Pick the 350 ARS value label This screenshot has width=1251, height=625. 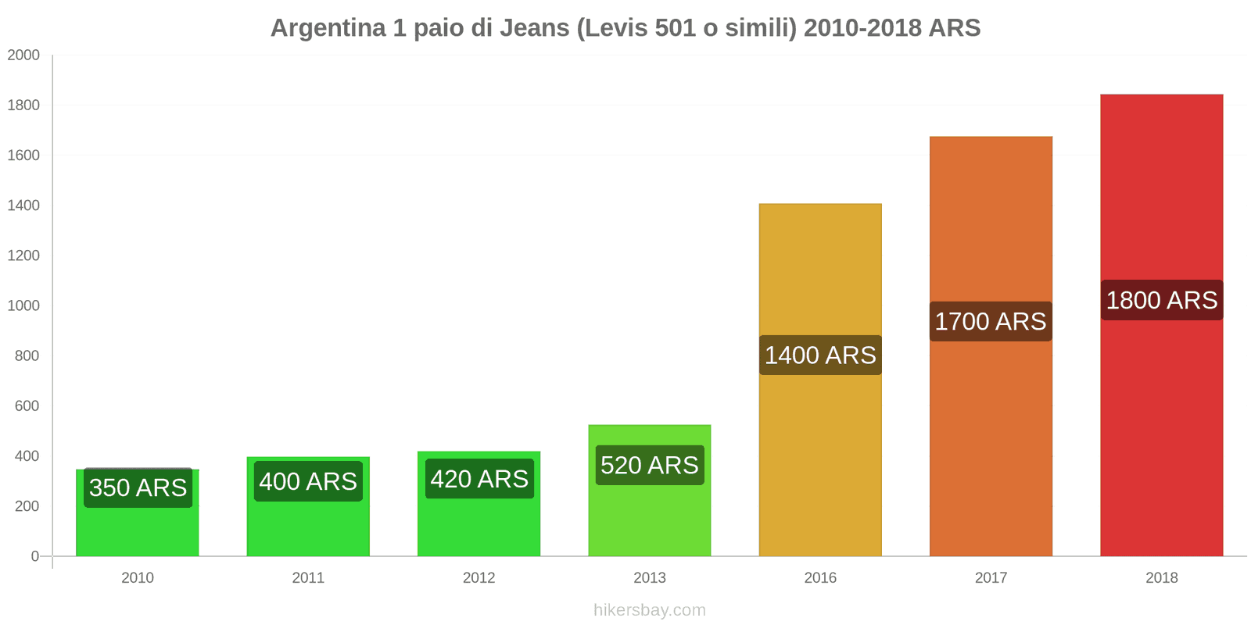tap(138, 488)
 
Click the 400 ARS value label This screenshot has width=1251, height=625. tap(308, 481)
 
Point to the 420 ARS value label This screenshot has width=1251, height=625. tap(479, 479)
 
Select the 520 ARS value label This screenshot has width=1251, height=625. tap(650, 466)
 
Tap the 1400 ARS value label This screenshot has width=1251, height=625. tap(820, 355)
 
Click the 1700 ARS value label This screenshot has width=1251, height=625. tap(991, 322)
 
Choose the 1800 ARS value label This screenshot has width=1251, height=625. tap(1161, 301)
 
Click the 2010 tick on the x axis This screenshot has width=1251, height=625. tap(138, 578)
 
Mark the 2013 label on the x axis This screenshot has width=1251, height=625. tap(650, 578)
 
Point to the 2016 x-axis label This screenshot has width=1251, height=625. tap(820, 578)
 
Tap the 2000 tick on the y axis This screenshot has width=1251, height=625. tap(23, 55)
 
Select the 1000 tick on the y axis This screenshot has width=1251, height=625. tap(23, 306)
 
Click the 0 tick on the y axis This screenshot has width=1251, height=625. tap(34, 556)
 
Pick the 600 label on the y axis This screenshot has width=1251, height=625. tap(27, 406)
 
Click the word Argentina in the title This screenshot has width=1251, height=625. tap(328, 28)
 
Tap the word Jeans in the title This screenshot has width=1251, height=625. tap(534, 28)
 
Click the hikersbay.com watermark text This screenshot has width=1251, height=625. tap(649, 610)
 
